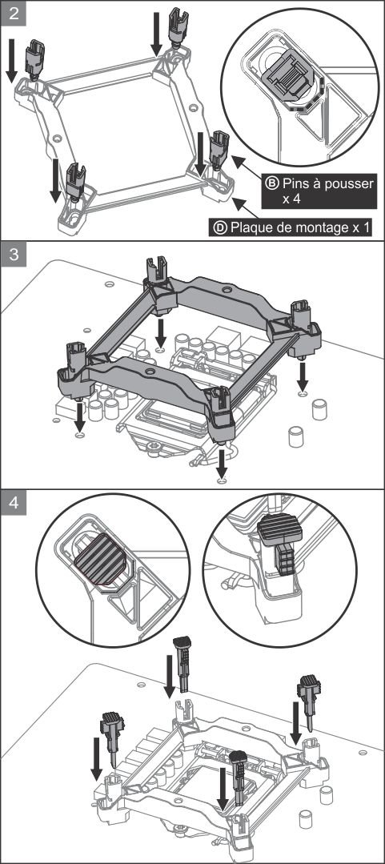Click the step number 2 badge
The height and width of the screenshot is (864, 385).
coord(14,14)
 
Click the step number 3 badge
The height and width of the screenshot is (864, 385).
coord(14,255)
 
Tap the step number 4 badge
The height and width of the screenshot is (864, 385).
coord(14,504)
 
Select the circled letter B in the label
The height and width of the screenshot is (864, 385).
coord(272,183)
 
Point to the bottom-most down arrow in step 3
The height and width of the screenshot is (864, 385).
coord(222,464)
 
